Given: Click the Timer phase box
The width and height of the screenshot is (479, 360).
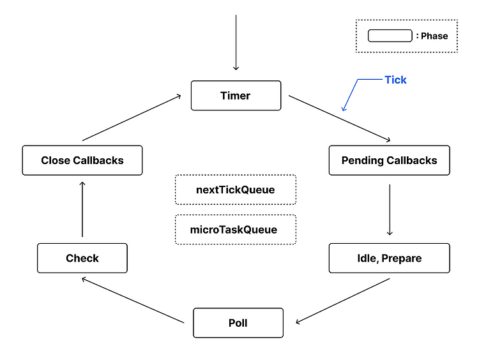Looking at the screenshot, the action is (236, 96).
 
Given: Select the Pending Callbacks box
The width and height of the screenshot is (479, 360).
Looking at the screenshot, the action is (389, 160).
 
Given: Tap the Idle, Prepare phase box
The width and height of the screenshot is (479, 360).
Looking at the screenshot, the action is (389, 258).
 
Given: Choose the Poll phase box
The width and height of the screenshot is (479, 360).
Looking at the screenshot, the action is (238, 323).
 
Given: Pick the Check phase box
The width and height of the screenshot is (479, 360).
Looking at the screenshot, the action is (82, 258).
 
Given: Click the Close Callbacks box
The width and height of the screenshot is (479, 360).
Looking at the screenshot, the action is (82, 160).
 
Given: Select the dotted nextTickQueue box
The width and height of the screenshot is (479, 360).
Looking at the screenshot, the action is (236, 190).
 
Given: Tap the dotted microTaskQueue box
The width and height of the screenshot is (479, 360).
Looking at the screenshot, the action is (236, 229).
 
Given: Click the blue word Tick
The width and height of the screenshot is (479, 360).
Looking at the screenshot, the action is (395, 80).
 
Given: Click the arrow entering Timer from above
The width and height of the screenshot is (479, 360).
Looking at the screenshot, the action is (236, 42).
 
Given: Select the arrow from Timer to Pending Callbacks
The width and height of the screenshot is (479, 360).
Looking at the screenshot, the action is (339, 119).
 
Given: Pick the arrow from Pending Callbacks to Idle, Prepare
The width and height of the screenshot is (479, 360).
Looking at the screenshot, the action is (390, 210).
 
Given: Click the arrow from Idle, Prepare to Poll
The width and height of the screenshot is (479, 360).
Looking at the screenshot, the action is (343, 301).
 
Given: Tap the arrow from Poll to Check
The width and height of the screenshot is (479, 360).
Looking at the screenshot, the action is (133, 300).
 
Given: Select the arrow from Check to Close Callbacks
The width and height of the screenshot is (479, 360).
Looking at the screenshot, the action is (82, 209).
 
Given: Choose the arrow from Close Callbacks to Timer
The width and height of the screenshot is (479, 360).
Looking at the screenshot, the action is (132, 118).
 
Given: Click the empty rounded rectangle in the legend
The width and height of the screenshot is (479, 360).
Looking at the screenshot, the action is (390, 36).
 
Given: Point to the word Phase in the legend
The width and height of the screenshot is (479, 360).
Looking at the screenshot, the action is (434, 36).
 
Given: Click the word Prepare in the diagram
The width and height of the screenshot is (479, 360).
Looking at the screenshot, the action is (402, 259).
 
